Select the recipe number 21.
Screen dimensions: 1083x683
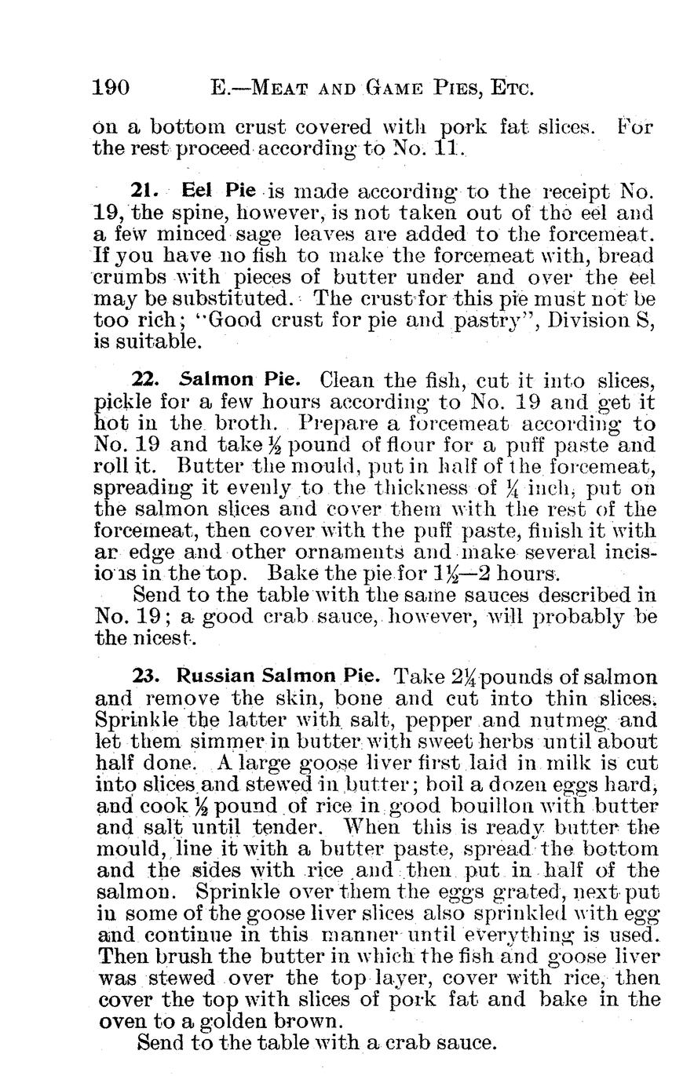pyautogui.click(x=145, y=190)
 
